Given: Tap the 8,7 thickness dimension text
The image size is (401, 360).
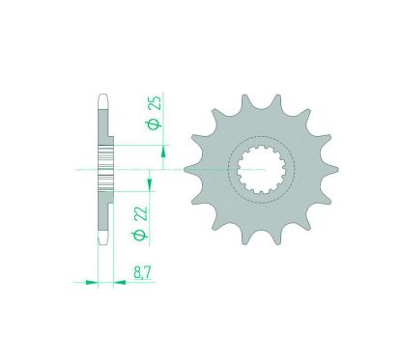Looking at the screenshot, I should point(141,274).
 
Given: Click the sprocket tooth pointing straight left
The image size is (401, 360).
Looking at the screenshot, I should point(188,168).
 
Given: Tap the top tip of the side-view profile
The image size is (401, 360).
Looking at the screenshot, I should point(101,97).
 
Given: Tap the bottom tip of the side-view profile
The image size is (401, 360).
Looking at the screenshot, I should point(101,241).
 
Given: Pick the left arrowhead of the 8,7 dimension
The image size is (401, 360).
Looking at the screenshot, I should point(92,283).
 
